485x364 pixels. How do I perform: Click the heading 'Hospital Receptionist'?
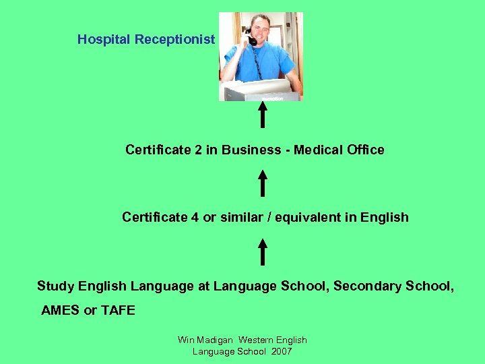[145, 39]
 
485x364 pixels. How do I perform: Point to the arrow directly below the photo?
[262, 115]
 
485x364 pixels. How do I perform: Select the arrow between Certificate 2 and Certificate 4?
[262, 183]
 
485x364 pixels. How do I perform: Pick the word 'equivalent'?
[324, 217]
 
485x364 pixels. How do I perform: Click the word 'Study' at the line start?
[55, 286]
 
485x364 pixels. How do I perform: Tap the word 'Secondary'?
[368, 286]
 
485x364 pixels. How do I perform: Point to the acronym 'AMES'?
[60, 310]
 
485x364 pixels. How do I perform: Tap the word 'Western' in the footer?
[257, 340]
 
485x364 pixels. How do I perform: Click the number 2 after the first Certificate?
[198, 150]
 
